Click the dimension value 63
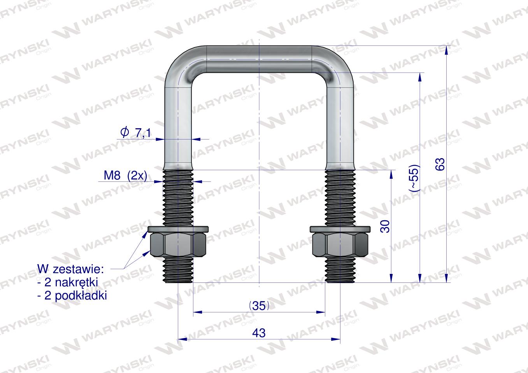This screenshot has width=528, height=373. coord(440,164)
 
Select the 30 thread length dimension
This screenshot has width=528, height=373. coord(385,227)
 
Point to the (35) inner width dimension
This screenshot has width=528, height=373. coord(259,306)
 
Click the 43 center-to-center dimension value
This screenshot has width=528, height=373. coord(259,333)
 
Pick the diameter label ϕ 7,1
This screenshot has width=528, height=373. coord(135,132)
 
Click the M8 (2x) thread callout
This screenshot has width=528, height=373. coord(125,175)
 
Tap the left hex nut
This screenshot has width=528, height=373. coord(178,245)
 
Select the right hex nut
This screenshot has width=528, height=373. coord(340,245)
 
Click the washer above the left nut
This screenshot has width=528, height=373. coord(178,229)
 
